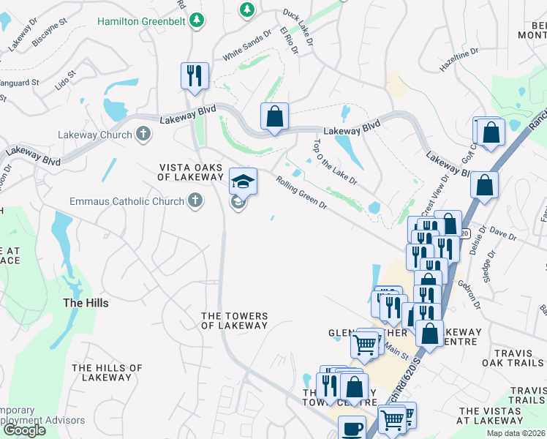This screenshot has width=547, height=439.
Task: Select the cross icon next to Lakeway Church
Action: click(x=143, y=134)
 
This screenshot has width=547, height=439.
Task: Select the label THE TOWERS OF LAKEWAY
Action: click(x=235, y=320)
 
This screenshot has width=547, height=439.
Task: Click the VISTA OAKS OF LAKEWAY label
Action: click(x=191, y=172)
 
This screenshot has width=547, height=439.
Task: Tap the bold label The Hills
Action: click(x=86, y=303)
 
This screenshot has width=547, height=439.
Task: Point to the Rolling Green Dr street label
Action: click(x=301, y=191)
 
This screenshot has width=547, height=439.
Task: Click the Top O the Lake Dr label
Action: click(x=335, y=162)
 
